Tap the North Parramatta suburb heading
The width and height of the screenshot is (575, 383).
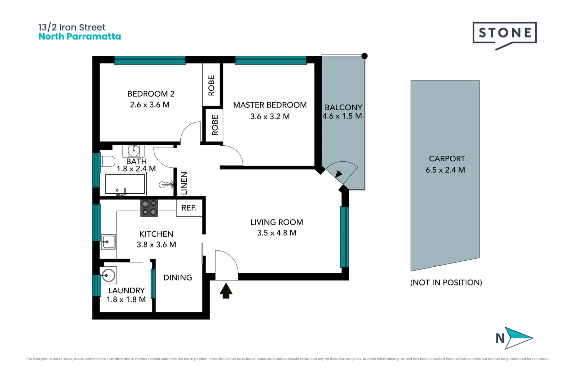click(80, 37)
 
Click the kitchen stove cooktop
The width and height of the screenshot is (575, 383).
click(149, 208)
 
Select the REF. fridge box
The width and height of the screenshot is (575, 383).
click(189, 208)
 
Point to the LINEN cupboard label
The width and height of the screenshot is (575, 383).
click(184, 183)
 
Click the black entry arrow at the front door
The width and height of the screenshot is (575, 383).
click(226, 290)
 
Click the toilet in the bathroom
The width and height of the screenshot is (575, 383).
click(108, 161)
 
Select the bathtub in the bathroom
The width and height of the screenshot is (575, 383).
click(125, 184)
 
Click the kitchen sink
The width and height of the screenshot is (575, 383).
click(108, 242)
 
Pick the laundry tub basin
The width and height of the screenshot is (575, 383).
click(108, 275)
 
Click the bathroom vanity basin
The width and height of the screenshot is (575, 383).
click(134, 150)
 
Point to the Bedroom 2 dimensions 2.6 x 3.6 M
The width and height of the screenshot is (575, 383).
click(149, 105)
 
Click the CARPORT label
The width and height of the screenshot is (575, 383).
click(447, 159)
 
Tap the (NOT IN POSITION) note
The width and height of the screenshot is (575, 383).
click(446, 283)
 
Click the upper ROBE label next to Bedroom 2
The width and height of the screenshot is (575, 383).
click(212, 85)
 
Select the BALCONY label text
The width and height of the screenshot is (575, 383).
click(343, 107)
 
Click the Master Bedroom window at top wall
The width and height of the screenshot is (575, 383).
click(270, 60)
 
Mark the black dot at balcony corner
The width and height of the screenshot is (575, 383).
click(365, 56)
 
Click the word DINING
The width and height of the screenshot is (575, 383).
click(177, 278)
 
